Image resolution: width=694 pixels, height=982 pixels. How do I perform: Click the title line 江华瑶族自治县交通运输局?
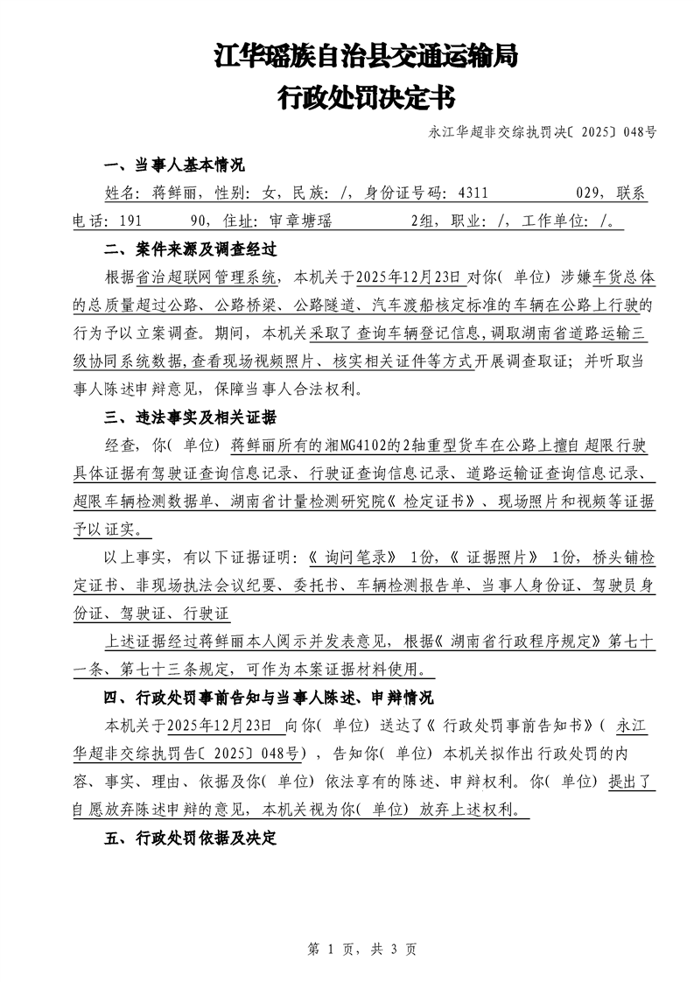[365, 57]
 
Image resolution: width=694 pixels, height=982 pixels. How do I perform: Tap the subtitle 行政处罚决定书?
[365, 97]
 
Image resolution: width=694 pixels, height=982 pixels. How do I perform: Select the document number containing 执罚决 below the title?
[543, 133]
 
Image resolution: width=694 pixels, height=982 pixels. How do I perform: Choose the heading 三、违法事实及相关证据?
[190, 416]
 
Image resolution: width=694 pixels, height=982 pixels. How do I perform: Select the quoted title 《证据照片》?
[494, 558]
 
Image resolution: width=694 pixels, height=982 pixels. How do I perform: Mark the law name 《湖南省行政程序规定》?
[520, 642]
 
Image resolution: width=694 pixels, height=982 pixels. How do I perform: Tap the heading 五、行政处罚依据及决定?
[190, 838]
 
